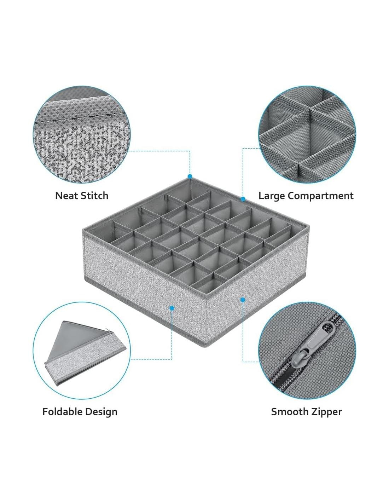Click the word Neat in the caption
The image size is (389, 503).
(65, 196)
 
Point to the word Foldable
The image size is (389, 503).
(63, 412)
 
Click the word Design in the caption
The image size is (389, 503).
(101, 412)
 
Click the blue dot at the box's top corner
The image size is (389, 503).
(190, 177)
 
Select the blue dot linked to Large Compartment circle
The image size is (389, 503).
(243, 198)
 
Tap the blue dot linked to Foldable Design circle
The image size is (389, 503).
(172, 308)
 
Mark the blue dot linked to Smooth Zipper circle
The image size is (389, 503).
(243, 300)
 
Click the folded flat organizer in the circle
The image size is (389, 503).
(85, 353)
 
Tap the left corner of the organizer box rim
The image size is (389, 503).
(83, 230)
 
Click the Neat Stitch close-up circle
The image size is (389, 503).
(81, 135)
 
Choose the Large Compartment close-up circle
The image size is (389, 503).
(307, 135)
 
